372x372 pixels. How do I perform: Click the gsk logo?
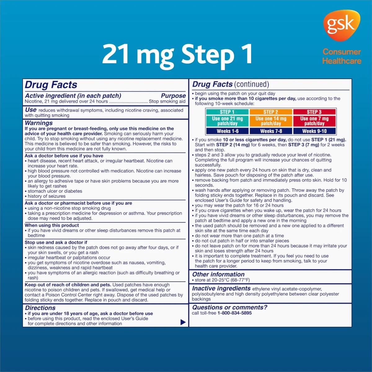(342, 25)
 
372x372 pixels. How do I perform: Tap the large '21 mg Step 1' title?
(177, 55)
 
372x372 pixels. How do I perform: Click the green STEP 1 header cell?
(227, 112)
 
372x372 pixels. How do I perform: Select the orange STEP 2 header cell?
(271, 112)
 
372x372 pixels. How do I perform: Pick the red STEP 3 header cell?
(314, 112)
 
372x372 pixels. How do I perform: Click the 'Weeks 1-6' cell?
(228, 131)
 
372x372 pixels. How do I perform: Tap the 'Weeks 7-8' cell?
(271, 131)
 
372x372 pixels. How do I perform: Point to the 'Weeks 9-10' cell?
(314, 131)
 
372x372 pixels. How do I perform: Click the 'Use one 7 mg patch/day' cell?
(314, 121)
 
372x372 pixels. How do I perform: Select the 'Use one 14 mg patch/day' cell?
(271, 121)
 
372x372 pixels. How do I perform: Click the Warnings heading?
(39, 123)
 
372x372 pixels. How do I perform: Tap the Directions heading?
(40, 308)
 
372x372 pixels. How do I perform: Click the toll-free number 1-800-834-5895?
(235, 313)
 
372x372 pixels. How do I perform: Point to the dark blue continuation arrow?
(183, 322)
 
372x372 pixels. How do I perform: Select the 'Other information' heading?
(218, 274)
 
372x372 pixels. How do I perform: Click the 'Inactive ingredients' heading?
(221, 288)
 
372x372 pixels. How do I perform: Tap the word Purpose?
(173, 96)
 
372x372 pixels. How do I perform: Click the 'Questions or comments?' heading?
(230, 307)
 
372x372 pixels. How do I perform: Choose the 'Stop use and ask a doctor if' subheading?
(56, 242)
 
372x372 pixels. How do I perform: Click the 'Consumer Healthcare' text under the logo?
(342, 56)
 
